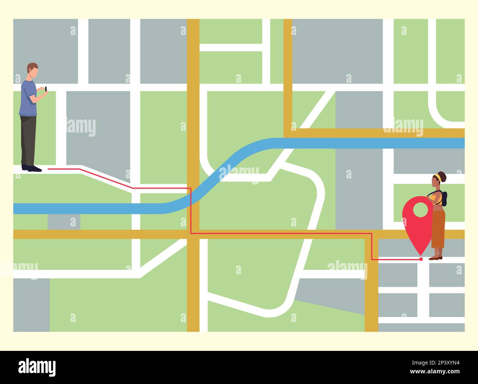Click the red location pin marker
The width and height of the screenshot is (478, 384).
click(x=417, y=225)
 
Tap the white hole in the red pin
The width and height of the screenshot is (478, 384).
click(x=421, y=209)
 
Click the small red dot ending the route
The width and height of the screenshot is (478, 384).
click(x=421, y=259)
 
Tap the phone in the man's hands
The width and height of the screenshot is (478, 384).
click(x=46, y=89)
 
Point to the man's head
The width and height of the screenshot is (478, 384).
click(x=33, y=70)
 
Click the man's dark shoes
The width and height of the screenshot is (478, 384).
click(x=31, y=168)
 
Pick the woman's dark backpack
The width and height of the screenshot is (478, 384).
click(x=444, y=198)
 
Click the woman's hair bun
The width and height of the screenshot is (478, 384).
click(x=443, y=176)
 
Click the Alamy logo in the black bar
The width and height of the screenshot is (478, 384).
click(x=37, y=367)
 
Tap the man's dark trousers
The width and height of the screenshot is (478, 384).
click(x=28, y=140)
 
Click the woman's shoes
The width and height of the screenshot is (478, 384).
click(x=435, y=258)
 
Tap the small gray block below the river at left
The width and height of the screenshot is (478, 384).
click(x=64, y=222)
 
